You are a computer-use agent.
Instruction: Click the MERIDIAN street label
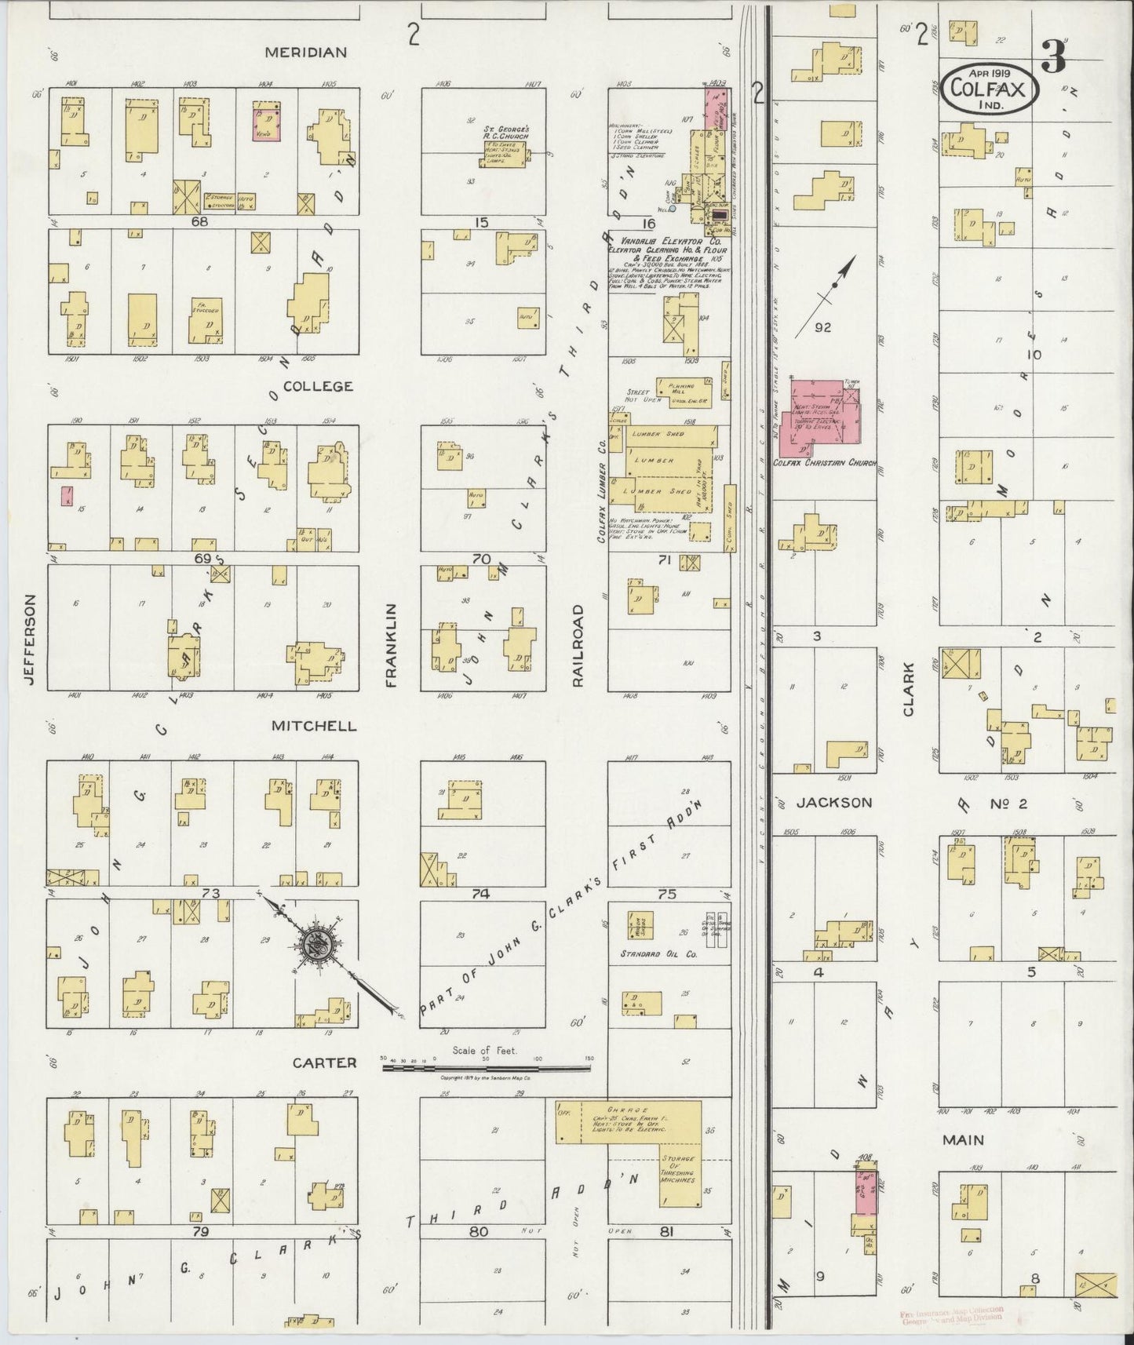click(305, 53)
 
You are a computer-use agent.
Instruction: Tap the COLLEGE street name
click(318, 386)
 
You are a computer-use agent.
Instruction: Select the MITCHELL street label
click(314, 727)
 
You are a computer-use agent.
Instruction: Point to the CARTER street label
click(325, 1063)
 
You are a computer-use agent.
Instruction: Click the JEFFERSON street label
click(30, 639)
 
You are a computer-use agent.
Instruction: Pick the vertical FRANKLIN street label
click(392, 646)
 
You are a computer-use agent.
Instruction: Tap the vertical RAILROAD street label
click(578, 646)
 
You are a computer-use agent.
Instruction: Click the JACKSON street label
click(834, 802)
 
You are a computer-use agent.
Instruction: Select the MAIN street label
click(964, 1139)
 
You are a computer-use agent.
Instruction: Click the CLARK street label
click(909, 689)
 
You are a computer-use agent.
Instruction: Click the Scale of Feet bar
click(487, 1066)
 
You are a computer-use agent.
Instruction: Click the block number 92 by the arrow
click(822, 326)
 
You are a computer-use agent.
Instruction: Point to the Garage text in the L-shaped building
click(637, 1110)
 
